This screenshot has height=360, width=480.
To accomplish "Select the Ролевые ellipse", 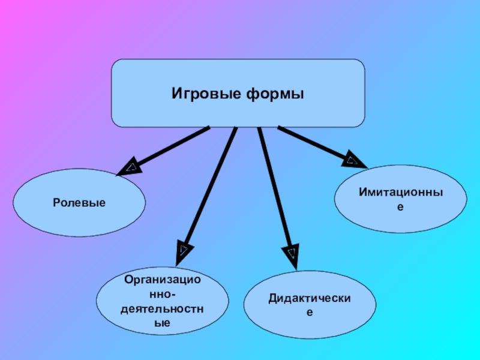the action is click(79, 203).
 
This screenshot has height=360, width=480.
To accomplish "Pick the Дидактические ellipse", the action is click(310, 305).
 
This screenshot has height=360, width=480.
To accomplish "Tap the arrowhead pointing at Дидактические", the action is click(292, 253).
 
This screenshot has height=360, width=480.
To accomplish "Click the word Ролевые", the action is click(79, 203).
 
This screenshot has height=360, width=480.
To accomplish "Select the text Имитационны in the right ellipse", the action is click(400, 193).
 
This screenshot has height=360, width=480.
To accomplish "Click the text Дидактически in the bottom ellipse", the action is click(310, 299).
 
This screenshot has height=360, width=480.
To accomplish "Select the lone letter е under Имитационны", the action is click(400, 207).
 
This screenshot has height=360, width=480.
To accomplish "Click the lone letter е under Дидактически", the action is click(310, 313).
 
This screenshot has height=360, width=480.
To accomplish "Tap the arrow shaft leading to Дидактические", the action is click(274, 186).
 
